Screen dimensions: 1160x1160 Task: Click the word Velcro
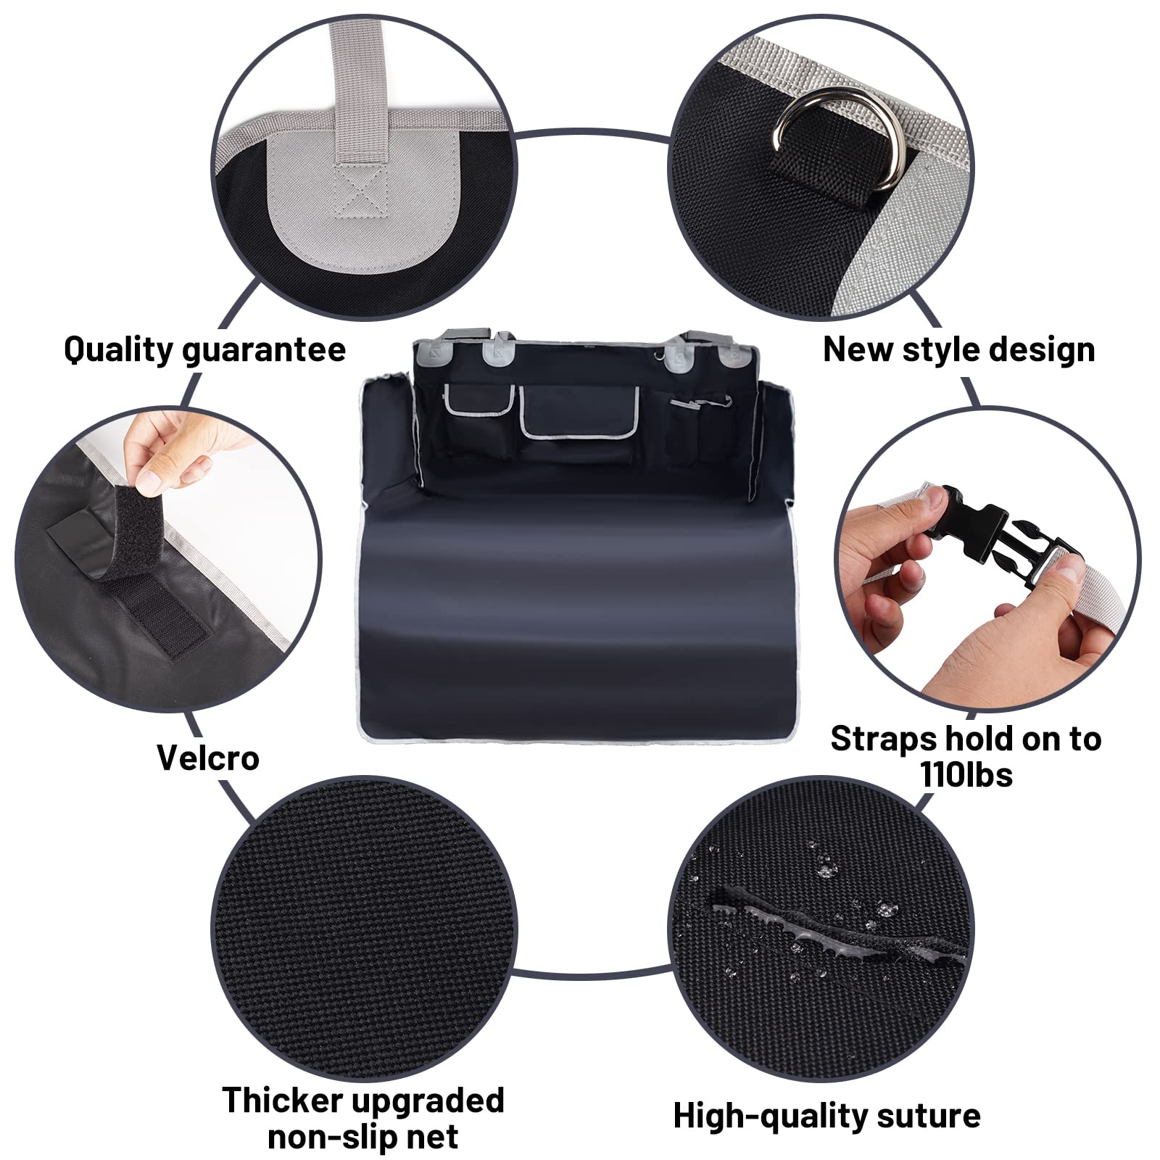tap(208, 758)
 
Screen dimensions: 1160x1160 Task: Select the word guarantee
tap(264, 349)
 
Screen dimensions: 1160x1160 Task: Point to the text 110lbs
tap(966, 774)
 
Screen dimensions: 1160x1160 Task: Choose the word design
tap(1042, 349)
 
